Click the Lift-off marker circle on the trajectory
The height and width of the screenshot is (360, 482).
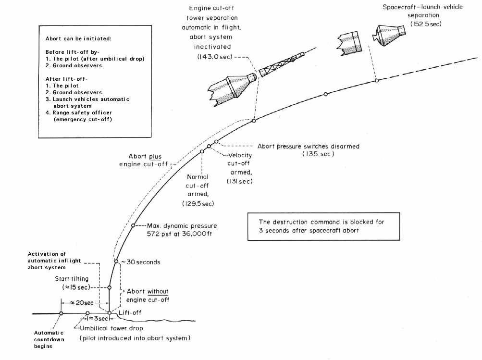coord(110,313)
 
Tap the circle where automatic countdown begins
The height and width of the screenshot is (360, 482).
coord(61,313)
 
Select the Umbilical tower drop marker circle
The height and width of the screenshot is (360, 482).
coord(87,313)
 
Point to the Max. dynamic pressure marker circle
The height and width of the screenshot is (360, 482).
coord(133,225)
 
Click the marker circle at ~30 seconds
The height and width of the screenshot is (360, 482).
coord(116,262)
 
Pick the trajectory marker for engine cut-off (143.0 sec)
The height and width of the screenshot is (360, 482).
coord(254,121)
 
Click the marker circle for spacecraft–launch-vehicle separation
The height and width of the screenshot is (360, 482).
coord(377,81)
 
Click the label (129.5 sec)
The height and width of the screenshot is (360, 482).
coord(198,204)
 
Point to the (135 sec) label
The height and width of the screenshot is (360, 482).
coord(318,154)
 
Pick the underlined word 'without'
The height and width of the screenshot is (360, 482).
coord(158,291)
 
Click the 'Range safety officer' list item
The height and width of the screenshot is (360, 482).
coord(81,113)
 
